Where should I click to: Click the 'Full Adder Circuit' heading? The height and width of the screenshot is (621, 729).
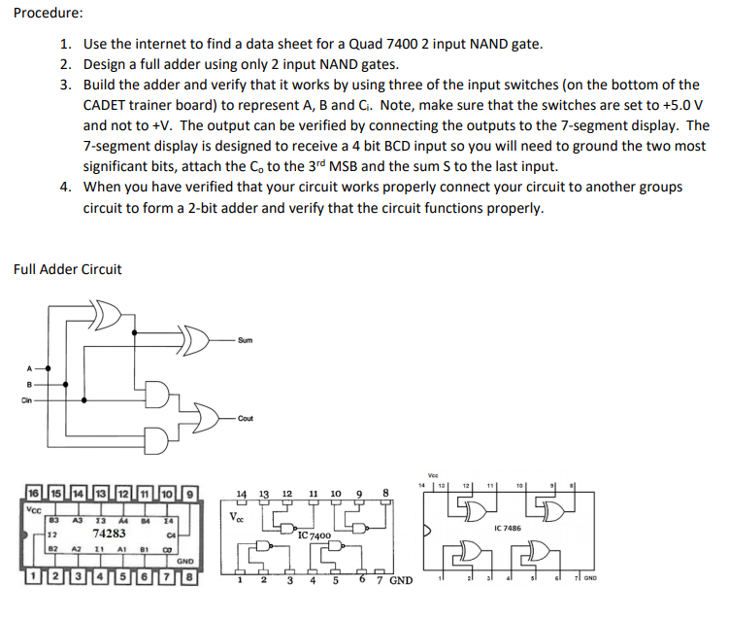[68, 269]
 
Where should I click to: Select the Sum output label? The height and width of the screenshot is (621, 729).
[246, 341]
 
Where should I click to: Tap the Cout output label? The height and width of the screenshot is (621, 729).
[246, 418]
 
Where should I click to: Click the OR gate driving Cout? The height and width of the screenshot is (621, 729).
[204, 418]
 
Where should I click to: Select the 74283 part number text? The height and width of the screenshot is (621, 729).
[109, 534]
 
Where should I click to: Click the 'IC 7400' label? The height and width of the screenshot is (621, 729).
[315, 535]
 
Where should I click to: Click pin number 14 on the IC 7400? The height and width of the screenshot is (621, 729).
[242, 494]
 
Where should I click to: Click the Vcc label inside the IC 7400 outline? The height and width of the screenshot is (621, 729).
[236, 516]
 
